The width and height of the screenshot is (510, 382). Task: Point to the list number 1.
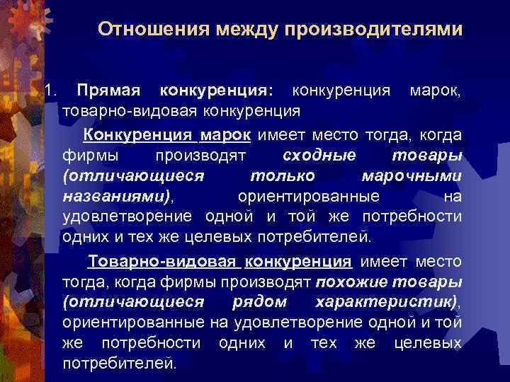coord(48,91)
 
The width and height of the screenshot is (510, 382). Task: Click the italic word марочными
coord(412,175)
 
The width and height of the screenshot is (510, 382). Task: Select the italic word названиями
coord(115,195)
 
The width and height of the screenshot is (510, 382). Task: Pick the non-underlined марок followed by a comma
coord(432,91)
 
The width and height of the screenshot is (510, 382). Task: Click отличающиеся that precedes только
coord(134,175)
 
